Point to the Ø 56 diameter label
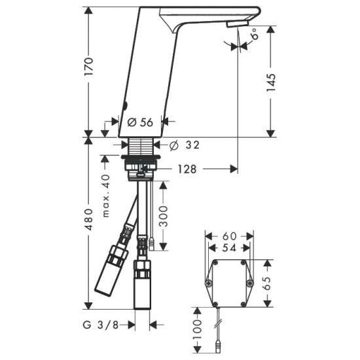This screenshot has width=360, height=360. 139,121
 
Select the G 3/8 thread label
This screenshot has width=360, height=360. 101,323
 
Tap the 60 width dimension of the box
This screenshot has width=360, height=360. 228,235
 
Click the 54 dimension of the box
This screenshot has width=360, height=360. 228,248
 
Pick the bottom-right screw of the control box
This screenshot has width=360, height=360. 249,283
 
